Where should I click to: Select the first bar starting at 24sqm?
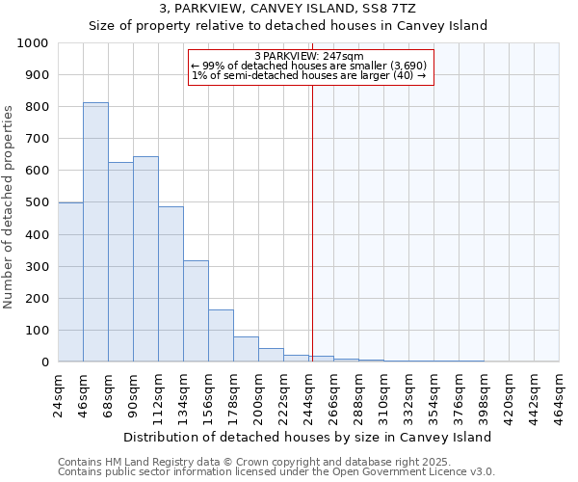tap(70, 281)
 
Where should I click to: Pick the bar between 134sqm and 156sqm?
tap(196, 310)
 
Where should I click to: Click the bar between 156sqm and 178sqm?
tap(221, 335)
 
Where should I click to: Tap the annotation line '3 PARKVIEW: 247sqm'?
tap(308, 56)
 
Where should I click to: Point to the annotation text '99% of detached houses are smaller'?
tap(308, 66)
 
